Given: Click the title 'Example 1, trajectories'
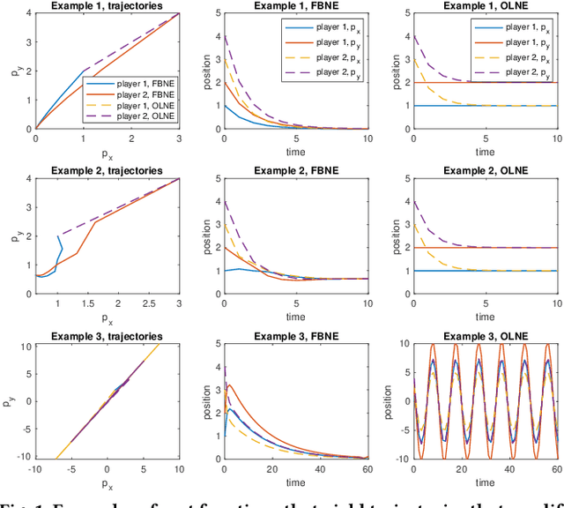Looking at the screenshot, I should click(108, 6).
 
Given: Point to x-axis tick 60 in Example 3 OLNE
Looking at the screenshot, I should click(557, 467).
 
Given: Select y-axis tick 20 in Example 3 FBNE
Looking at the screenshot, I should click(214, 340).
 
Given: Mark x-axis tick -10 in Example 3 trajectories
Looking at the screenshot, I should click(36, 467).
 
